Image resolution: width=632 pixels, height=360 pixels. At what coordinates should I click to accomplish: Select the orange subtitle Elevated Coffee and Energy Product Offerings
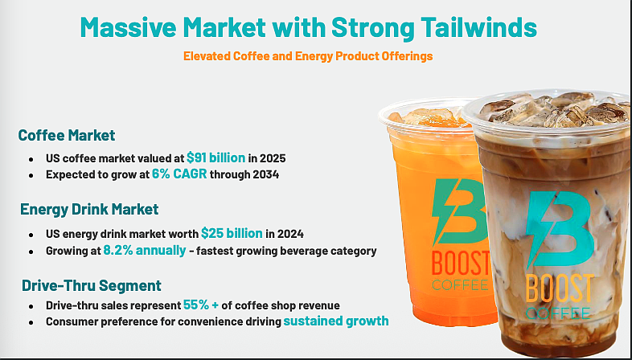[309, 57]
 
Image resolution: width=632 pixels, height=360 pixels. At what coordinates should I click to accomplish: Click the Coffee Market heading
[67, 136]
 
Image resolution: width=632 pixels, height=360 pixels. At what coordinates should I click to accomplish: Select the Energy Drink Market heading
[89, 210]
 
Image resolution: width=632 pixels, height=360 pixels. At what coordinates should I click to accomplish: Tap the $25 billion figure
[232, 233]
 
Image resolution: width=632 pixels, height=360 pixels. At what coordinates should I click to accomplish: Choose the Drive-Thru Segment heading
[91, 285]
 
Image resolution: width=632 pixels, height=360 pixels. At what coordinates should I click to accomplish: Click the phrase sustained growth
[336, 321]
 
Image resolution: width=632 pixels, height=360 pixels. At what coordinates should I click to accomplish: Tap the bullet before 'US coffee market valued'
[30, 158]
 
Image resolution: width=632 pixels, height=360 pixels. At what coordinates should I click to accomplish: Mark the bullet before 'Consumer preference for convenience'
[30, 322]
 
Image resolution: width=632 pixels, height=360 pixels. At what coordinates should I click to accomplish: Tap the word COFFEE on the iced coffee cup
[560, 312]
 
